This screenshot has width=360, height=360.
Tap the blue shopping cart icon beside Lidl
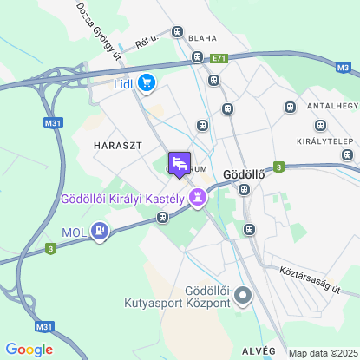click(x=147, y=83)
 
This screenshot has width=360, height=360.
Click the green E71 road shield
click(x=218, y=58)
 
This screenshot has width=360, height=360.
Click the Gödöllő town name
click(x=244, y=172)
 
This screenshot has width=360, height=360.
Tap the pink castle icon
click(x=200, y=198)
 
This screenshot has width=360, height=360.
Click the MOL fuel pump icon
click(x=101, y=232)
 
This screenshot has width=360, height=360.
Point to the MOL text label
click(x=74, y=232)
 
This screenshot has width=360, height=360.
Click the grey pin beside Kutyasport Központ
click(x=244, y=297)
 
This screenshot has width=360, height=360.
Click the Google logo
click(x=29, y=350)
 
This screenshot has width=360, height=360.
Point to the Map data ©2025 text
click(x=322, y=353)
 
